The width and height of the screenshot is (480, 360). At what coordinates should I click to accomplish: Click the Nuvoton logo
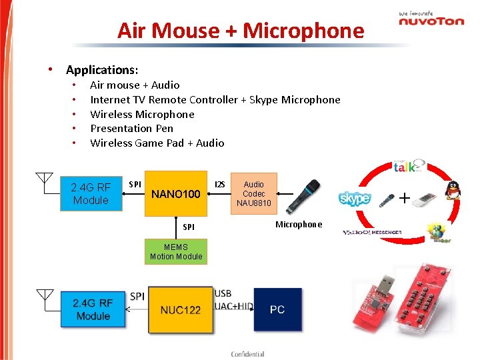tap(431, 19)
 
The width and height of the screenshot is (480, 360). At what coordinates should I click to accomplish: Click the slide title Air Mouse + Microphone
tap(241, 31)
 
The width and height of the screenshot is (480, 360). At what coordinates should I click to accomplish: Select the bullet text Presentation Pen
tap(131, 128)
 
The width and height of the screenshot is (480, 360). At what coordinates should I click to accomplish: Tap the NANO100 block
tap(175, 194)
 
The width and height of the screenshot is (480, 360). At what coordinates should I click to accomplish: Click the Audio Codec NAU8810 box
tap(253, 193)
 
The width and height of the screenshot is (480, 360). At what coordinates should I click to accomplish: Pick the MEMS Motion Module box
tap(176, 251)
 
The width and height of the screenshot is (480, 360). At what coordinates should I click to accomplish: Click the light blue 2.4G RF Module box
tap(91, 193)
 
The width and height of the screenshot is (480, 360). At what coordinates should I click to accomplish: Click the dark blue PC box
tap(277, 309)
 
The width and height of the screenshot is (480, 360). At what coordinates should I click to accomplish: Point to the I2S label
tap(219, 184)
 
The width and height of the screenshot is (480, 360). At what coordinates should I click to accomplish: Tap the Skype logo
tap(354, 199)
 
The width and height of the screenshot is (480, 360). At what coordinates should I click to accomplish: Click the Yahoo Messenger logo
tap(371, 233)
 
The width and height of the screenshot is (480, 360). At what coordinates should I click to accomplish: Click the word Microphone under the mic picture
tap(299, 225)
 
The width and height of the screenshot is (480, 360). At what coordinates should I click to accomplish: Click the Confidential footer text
tap(247, 354)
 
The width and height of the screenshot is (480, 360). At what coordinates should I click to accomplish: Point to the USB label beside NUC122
tap(223, 294)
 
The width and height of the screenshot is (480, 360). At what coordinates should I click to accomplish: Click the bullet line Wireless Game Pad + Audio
tap(157, 143)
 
